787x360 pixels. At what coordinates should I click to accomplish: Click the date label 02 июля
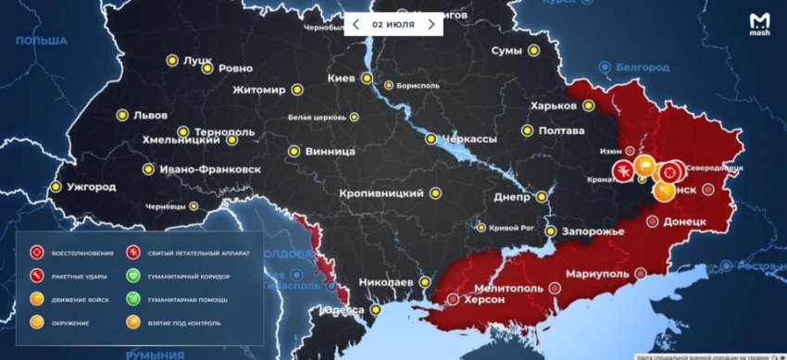point(393,22)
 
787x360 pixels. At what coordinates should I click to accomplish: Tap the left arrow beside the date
point(355,22)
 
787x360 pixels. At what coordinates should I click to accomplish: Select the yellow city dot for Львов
point(121,116)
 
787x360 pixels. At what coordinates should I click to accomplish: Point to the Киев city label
point(343,79)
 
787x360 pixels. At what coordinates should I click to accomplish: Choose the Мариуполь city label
point(593,274)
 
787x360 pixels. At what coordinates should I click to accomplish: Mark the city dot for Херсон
point(453,299)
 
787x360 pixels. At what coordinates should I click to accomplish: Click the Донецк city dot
point(652,222)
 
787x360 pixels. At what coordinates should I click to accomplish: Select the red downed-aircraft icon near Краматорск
point(625,170)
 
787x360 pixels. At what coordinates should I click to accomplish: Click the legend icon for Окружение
point(38,322)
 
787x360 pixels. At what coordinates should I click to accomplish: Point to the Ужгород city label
point(90,187)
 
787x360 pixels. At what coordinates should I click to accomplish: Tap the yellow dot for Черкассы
point(431,139)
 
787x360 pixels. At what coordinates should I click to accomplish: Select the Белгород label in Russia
point(643,67)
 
